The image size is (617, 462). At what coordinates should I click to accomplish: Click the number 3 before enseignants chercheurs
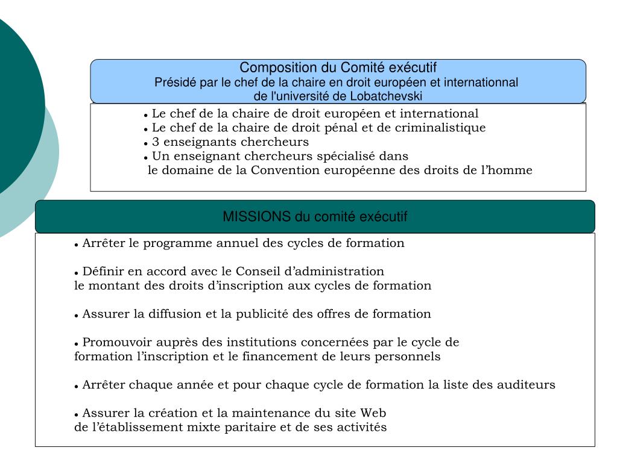(155, 142)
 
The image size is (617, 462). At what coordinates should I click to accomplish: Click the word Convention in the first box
(286, 170)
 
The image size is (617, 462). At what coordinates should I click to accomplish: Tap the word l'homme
(510, 170)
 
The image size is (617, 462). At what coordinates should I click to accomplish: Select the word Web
(373, 413)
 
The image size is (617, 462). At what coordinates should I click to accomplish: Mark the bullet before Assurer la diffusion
(77, 315)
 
